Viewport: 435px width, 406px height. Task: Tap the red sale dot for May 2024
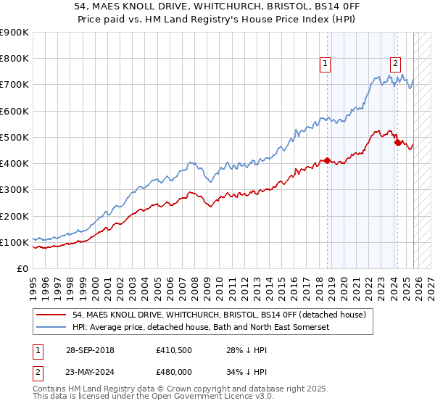tap(397, 142)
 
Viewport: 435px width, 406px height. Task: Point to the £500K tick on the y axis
tap(14, 137)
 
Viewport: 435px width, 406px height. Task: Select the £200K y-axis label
tap(14, 216)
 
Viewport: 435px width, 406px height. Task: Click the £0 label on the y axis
tap(22, 268)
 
